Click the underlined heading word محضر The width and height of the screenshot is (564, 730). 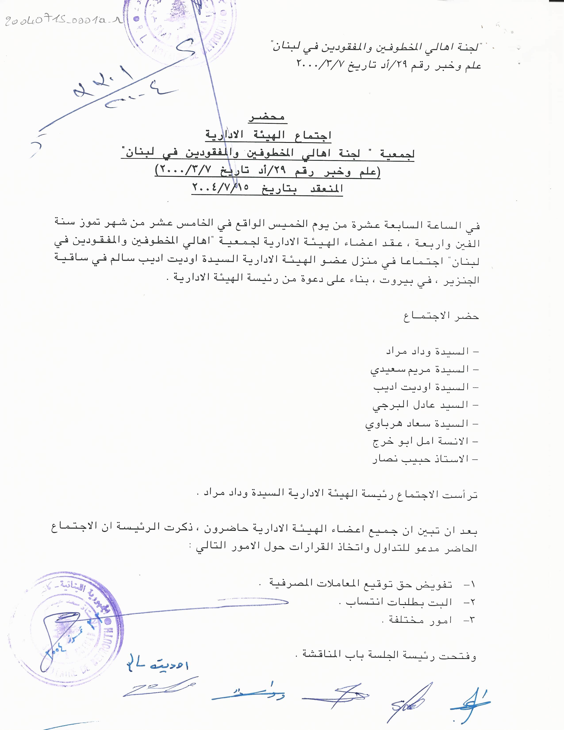point(267,117)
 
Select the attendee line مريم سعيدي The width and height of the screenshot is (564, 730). point(424,369)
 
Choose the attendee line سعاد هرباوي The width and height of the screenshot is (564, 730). point(422,423)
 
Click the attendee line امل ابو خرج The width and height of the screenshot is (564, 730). point(425,441)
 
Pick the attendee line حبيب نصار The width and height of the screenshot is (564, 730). point(425,459)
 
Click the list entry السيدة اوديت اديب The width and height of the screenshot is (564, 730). point(426,387)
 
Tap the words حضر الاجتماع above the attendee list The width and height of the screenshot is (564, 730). point(441,316)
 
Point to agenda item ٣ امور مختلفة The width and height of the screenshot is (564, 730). point(428,620)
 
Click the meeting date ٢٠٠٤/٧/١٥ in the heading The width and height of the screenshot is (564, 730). point(221,188)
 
